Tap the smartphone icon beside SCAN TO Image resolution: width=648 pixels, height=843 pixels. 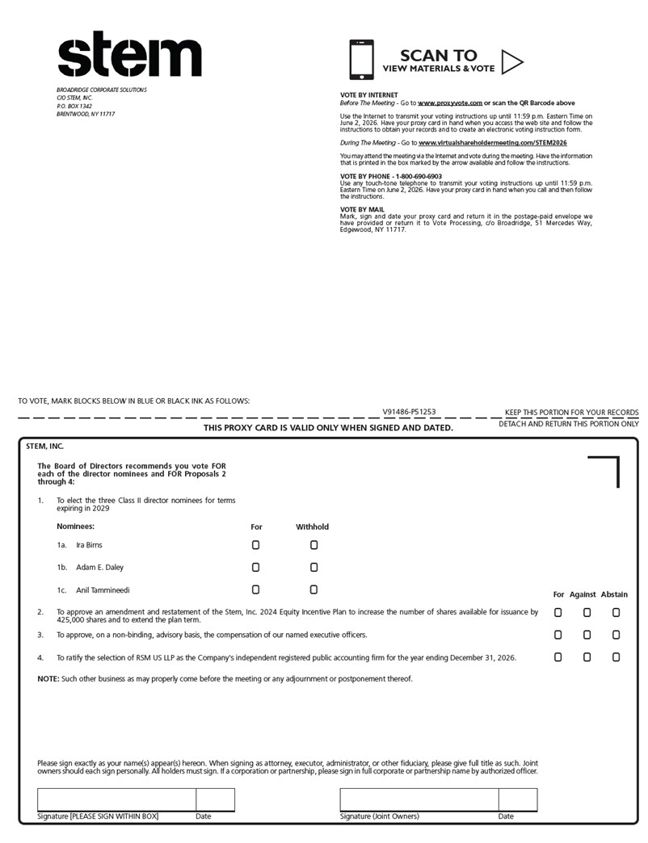tap(361, 61)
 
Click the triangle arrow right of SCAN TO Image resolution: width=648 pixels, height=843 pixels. tap(512, 61)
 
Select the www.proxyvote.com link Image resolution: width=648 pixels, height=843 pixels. tap(450, 103)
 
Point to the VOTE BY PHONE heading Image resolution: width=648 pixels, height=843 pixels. tap(391, 176)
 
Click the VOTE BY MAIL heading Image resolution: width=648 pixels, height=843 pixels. tap(362, 209)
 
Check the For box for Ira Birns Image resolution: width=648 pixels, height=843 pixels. tap(256, 545)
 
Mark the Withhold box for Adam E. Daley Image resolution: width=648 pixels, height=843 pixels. tap(313, 568)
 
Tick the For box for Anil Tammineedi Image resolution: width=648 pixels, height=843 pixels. tap(256, 590)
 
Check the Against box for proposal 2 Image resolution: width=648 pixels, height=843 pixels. tap(587, 613)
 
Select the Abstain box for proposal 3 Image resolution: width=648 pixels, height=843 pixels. tap(616, 635)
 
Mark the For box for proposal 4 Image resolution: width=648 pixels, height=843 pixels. tap(558, 658)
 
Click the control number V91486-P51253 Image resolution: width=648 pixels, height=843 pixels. tap(409, 412)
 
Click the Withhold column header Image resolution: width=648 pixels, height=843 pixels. tap(312, 527)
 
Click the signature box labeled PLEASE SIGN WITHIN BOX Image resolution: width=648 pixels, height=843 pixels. tap(116, 799)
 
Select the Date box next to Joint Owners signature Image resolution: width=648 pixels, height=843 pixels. tap(517, 799)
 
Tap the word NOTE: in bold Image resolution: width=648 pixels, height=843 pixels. tap(48, 679)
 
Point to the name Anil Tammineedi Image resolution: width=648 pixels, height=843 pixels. tap(103, 590)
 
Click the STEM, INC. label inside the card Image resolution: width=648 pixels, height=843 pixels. tap(44, 446)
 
